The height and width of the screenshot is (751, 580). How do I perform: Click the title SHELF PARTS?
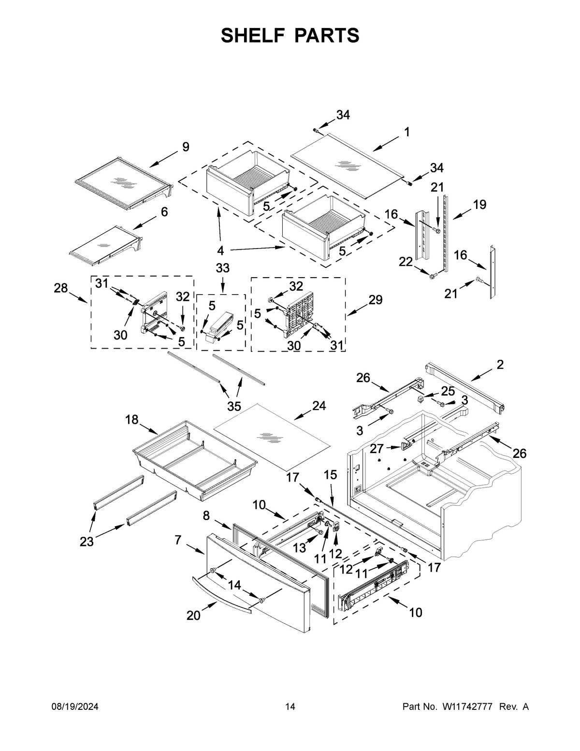(290, 35)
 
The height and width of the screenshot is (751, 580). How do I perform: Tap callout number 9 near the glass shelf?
(186, 147)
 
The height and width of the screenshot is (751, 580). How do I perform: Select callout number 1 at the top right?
(407, 132)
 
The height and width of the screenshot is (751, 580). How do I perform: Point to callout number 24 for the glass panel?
(319, 406)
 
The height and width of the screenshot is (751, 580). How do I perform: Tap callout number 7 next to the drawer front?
(178, 540)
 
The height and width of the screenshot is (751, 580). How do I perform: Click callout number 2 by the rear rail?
(500, 365)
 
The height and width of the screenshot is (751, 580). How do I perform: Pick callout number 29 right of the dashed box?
(375, 300)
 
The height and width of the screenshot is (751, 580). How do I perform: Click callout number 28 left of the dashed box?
(61, 289)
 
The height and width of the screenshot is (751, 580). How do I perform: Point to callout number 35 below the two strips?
(234, 405)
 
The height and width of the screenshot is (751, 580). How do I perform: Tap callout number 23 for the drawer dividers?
(87, 542)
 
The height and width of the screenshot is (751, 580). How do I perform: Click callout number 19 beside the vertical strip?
(479, 205)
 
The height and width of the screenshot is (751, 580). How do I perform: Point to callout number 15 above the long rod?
(330, 475)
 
